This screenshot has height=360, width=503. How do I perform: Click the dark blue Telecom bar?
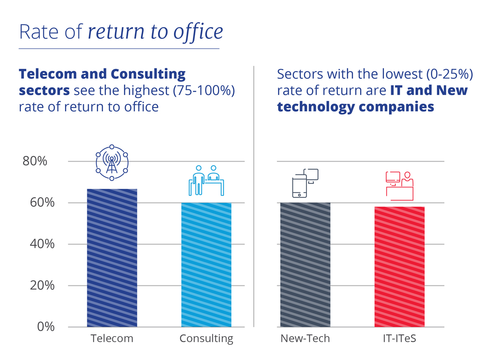click(x=112, y=258)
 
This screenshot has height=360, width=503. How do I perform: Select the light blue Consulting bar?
click(x=206, y=265)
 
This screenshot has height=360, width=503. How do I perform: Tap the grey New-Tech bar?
click(x=305, y=265)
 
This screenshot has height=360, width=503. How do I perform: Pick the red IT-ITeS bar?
click(x=399, y=267)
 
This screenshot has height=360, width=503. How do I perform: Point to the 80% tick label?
click(x=35, y=162)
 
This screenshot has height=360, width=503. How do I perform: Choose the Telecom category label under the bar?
click(x=112, y=338)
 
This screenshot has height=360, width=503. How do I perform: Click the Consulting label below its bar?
click(x=206, y=339)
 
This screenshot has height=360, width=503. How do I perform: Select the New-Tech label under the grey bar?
click(x=305, y=338)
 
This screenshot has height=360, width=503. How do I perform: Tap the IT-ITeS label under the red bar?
click(x=399, y=338)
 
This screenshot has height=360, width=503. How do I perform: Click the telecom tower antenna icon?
click(x=112, y=163)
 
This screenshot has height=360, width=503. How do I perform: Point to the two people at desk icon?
click(x=206, y=180)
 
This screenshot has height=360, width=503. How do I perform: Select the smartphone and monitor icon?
click(x=305, y=183)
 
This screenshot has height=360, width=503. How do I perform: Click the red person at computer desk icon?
click(x=399, y=185)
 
